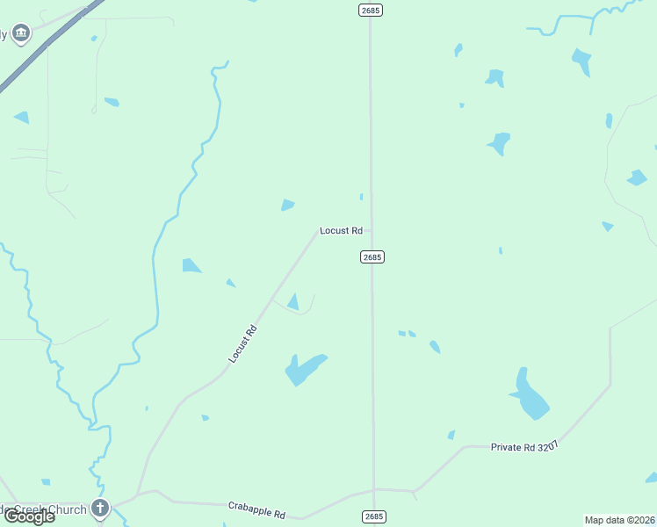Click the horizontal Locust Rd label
[341, 231]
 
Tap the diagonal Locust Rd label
[242, 344]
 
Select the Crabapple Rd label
[256, 509]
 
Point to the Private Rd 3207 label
[524, 446]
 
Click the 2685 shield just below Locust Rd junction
[372, 256]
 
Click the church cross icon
[100, 508]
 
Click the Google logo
[29, 516]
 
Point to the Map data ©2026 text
[620, 520]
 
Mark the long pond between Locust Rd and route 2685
[304, 369]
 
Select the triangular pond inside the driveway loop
[293, 302]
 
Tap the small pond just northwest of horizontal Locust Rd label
[287, 206]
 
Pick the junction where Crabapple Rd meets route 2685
[374, 489]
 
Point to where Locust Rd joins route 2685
[371, 231]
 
